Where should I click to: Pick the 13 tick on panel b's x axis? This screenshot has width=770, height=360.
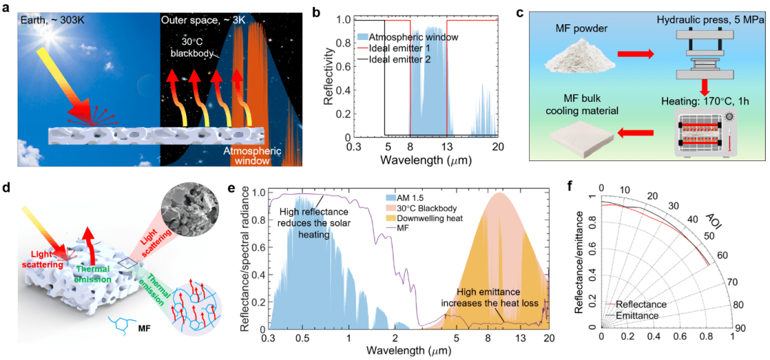(446, 148)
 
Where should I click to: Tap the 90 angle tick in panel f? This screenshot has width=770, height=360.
(741, 328)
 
